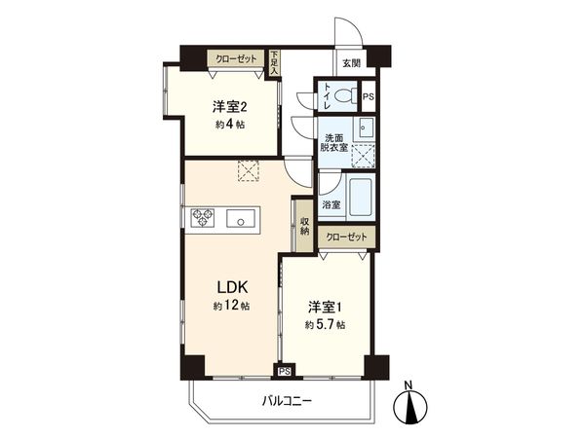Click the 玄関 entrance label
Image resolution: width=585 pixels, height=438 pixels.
coord(350,63)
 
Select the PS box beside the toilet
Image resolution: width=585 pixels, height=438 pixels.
coord(368,96)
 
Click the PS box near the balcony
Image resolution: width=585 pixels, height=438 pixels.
coord(285,371)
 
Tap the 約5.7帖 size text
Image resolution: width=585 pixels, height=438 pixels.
coord(325,325)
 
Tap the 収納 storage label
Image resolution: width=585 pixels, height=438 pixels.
coord(304,226)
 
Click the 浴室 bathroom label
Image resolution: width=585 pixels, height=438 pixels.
coord(331,204)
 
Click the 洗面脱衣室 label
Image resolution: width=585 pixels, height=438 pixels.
coord(336,142)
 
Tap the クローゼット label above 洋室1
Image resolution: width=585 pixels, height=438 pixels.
coord(346,237)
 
